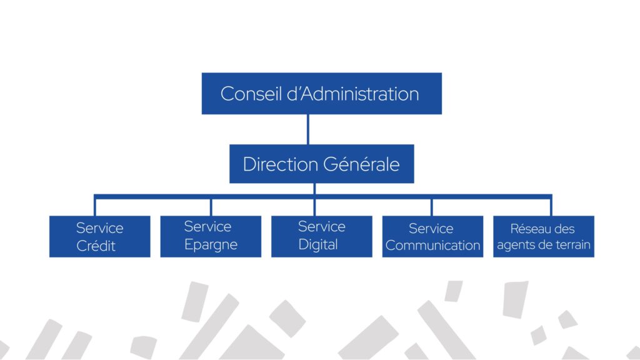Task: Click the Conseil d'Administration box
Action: (321, 94)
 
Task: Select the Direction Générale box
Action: (321, 164)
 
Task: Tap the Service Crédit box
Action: (100, 236)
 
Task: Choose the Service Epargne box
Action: (211, 236)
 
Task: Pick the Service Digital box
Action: (321, 236)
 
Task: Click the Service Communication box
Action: (432, 236)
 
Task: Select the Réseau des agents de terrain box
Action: (543, 236)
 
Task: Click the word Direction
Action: (280, 164)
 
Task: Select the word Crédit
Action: (96, 246)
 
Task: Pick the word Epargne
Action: (211, 244)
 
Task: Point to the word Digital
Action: (318, 244)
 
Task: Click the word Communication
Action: (432, 245)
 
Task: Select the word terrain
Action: (570, 244)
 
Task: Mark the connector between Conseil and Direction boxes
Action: (308, 129)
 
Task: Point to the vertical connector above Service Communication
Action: (431, 206)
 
